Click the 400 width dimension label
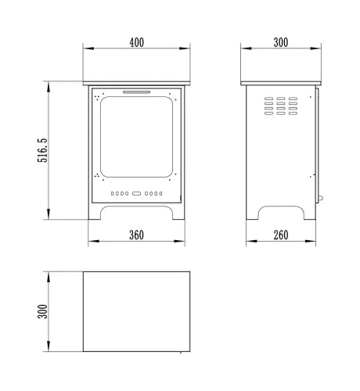136,42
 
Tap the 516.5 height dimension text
42,150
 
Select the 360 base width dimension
136,235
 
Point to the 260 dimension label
281,235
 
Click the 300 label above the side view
281,42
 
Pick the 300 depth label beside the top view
42,311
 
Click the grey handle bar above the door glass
137,92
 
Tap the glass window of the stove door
136,137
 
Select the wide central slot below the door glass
136,193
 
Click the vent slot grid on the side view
281,106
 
